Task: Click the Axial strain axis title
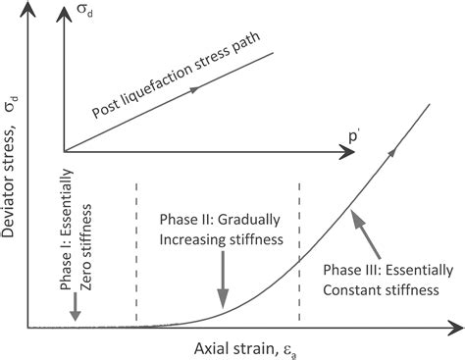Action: point(231,345)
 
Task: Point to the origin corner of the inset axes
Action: point(65,152)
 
